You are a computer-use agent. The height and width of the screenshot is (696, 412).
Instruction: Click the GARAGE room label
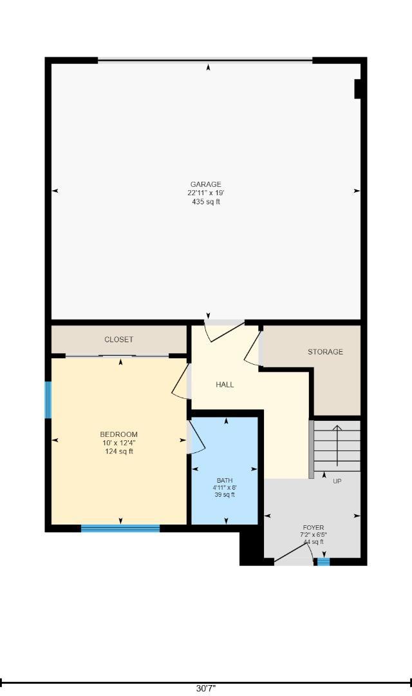tap(206, 184)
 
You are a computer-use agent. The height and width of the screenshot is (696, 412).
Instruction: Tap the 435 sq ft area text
tap(206, 202)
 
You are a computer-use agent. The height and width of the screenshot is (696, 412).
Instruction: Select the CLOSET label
tap(118, 340)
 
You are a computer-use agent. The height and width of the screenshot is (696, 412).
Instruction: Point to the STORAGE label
tap(326, 352)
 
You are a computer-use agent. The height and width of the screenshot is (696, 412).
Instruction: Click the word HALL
tap(225, 385)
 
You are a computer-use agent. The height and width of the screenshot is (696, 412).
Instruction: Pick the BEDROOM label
tap(119, 434)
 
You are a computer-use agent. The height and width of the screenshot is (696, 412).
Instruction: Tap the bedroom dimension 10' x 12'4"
tap(119, 443)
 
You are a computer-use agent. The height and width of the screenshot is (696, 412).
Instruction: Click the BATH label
tap(225, 480)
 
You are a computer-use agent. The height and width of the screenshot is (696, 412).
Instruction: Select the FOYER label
tap(314, 528)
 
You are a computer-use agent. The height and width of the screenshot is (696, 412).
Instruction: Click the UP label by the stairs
tap(337, 481)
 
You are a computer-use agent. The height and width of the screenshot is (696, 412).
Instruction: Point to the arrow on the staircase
tap(337, 445)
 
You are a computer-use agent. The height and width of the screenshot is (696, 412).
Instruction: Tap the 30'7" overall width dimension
tap(206, 688)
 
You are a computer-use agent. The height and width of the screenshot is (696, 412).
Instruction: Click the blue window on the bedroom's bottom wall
tap(120, 528)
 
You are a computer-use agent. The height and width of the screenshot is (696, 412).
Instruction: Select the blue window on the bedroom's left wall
tap(48, 400)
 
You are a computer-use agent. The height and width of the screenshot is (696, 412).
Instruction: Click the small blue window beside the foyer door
tap(323, 561)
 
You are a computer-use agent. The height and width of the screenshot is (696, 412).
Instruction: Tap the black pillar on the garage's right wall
tap(357, 89)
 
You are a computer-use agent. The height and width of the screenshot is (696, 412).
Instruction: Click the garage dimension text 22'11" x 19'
tap(206, 193)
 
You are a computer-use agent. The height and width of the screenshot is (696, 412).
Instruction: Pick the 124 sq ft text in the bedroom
tap(119, 452)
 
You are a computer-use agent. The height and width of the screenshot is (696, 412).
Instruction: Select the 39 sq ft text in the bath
tap(225, 495)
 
